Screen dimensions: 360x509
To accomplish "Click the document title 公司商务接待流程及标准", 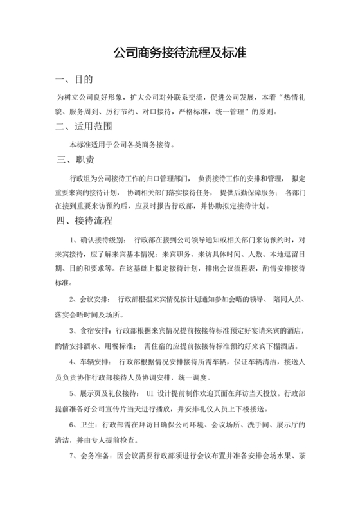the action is click(x=180, y=51).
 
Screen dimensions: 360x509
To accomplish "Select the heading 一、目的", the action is click(x=75, y=80).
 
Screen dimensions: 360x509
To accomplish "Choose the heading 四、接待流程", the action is click(x=85, y=222).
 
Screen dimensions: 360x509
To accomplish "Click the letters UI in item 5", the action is click(x=151, y=393).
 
